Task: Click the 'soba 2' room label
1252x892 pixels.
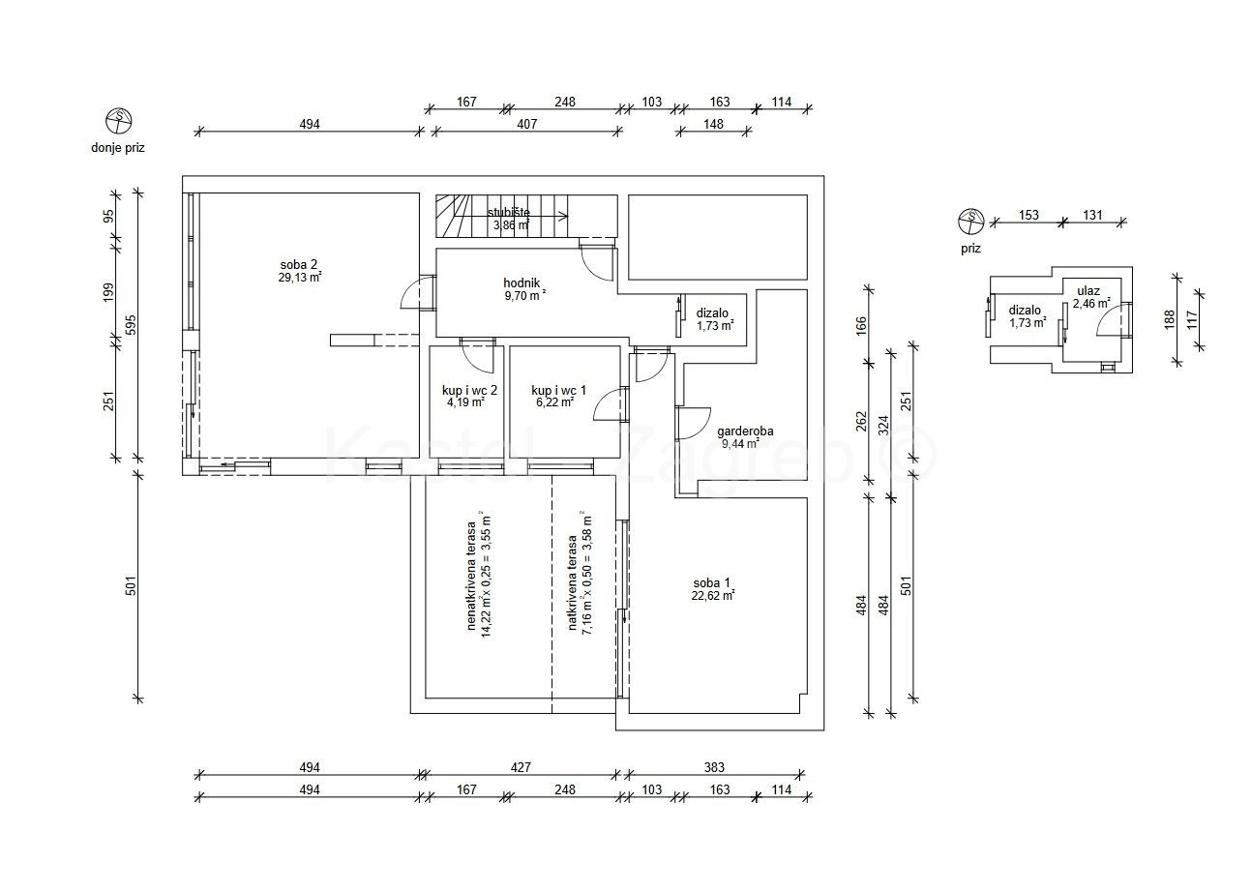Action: point(300,263)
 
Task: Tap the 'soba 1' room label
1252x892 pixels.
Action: point(712,582)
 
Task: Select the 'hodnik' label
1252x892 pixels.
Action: point(522,283)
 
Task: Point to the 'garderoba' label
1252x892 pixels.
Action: point(745,432)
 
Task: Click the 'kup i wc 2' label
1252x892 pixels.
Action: point(469,390)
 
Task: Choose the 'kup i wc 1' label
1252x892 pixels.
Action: point(559,390)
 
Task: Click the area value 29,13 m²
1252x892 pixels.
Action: point(300,277)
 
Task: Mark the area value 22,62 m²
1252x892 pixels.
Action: point(712,596)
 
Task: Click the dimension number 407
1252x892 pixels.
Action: point(527,124)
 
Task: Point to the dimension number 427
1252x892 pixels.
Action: point(522,767)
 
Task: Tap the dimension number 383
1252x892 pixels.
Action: point(714,767)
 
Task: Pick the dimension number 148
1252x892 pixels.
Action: point(714,124)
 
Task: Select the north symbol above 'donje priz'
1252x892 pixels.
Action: point(118,121)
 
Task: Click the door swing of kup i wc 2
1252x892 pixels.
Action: point(477,359)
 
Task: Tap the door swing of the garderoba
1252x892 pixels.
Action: point(691,424)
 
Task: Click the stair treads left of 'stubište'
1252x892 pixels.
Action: point(450,216)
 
